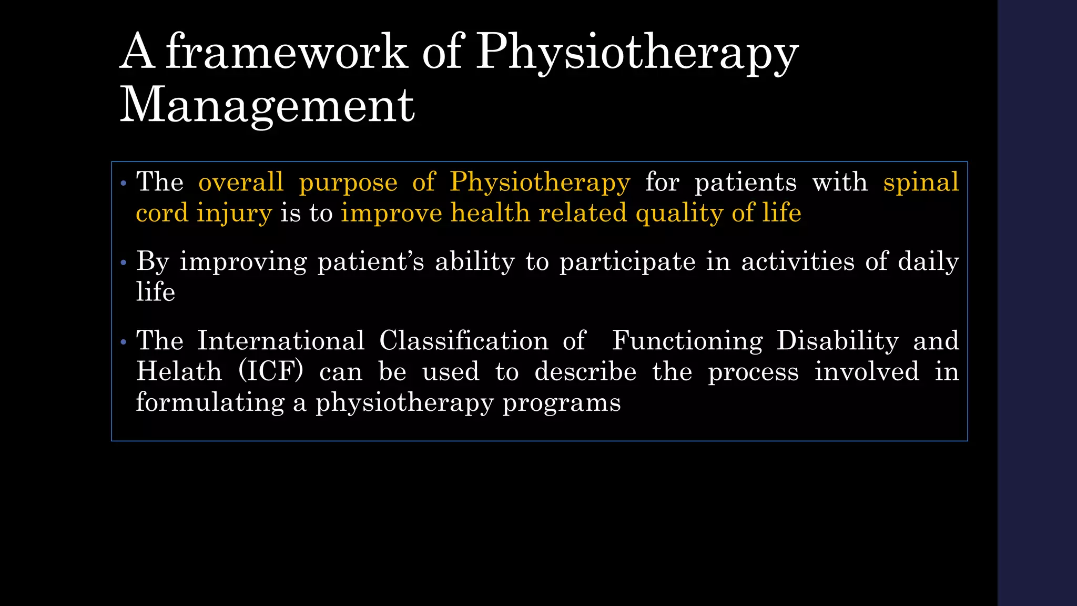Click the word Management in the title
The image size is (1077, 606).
click(x=267, y=105)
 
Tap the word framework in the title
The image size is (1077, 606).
click(x=287, y=52)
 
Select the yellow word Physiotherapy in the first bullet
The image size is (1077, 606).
click(x=540, y=183)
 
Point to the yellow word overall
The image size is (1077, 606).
click(x=241, y=183)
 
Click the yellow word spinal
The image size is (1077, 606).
click(x=921, y=183)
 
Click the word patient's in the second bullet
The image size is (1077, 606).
click(x=371, y=262)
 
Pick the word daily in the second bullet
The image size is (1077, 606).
click(x=928, y=262)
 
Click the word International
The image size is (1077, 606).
click(x=281, y=341)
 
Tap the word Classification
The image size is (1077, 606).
click(x=464, y=341)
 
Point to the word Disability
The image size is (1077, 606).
click(x=838, y=341)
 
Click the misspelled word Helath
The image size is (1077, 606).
click(x=179, y=372)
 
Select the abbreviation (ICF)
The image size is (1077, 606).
click(x=271, y=372)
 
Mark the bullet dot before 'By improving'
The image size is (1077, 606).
click(x=124, y=262)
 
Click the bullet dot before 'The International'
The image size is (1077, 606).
click(x=124, y=342)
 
